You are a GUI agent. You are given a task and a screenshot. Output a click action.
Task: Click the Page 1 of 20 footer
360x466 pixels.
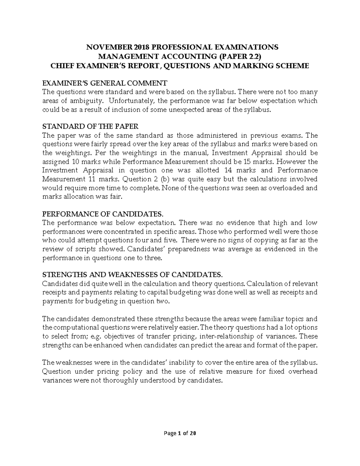180,433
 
